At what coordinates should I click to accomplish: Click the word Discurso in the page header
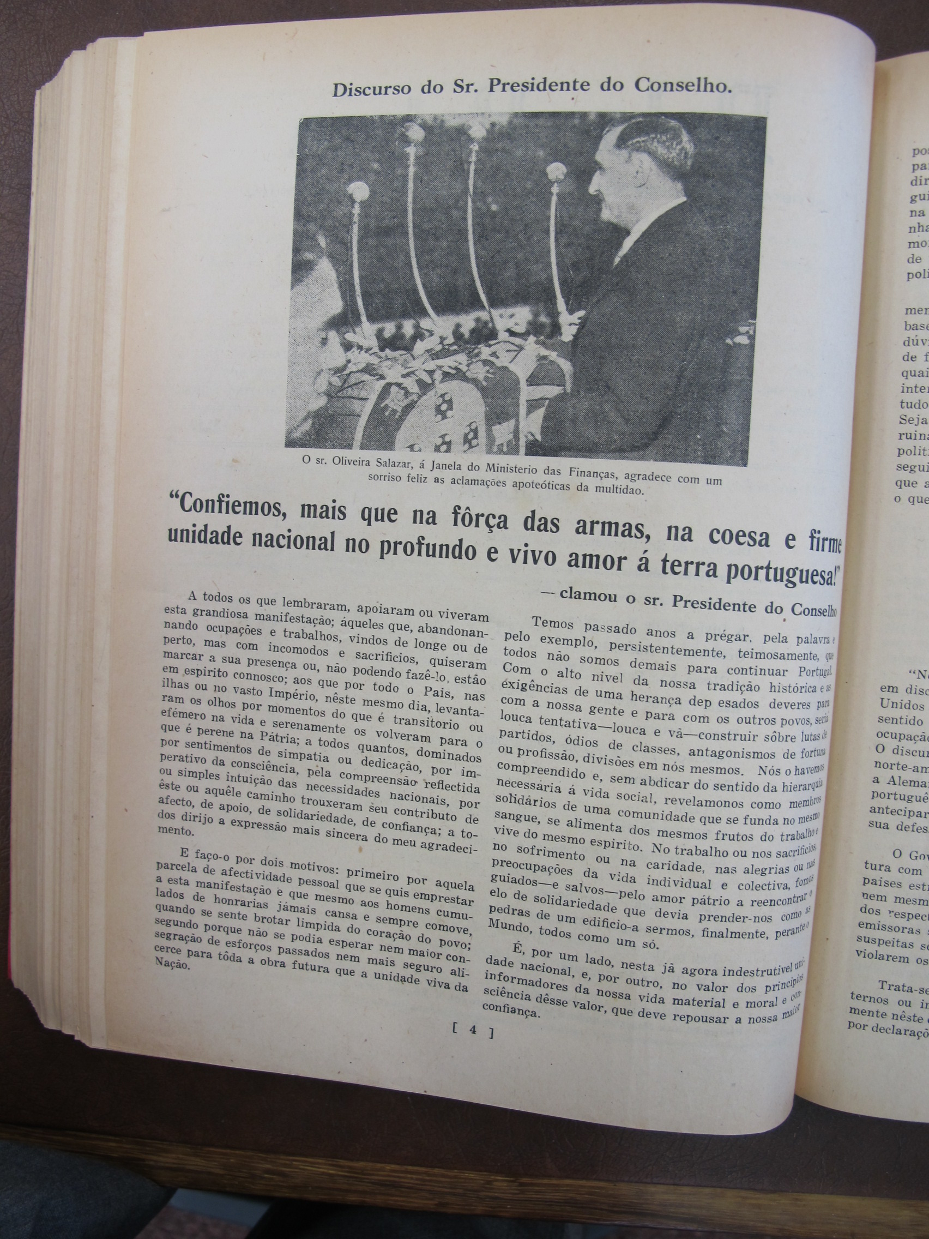coord(367,88)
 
